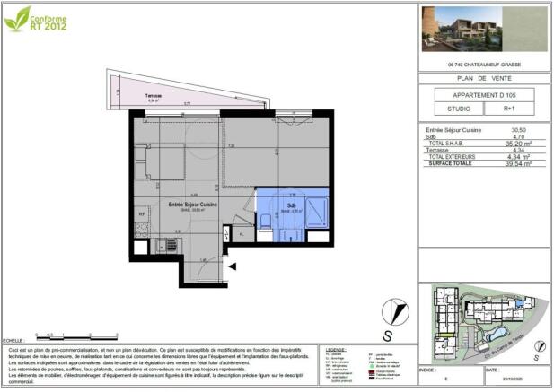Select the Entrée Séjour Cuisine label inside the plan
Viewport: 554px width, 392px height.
193,205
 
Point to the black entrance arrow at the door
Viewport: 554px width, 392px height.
233,266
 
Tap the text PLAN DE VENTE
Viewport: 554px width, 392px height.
483,78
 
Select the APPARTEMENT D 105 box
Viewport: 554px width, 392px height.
483,95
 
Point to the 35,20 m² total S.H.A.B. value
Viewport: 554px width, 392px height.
517,143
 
